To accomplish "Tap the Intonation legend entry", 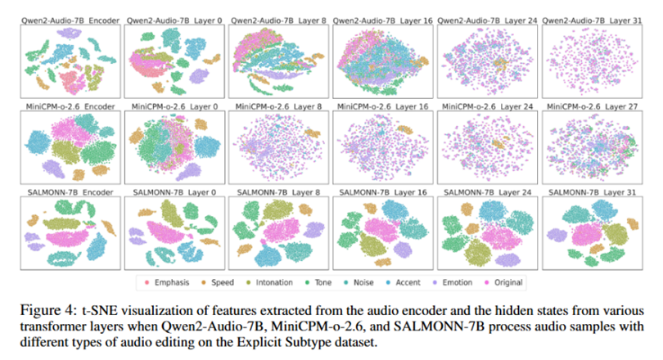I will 271,282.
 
